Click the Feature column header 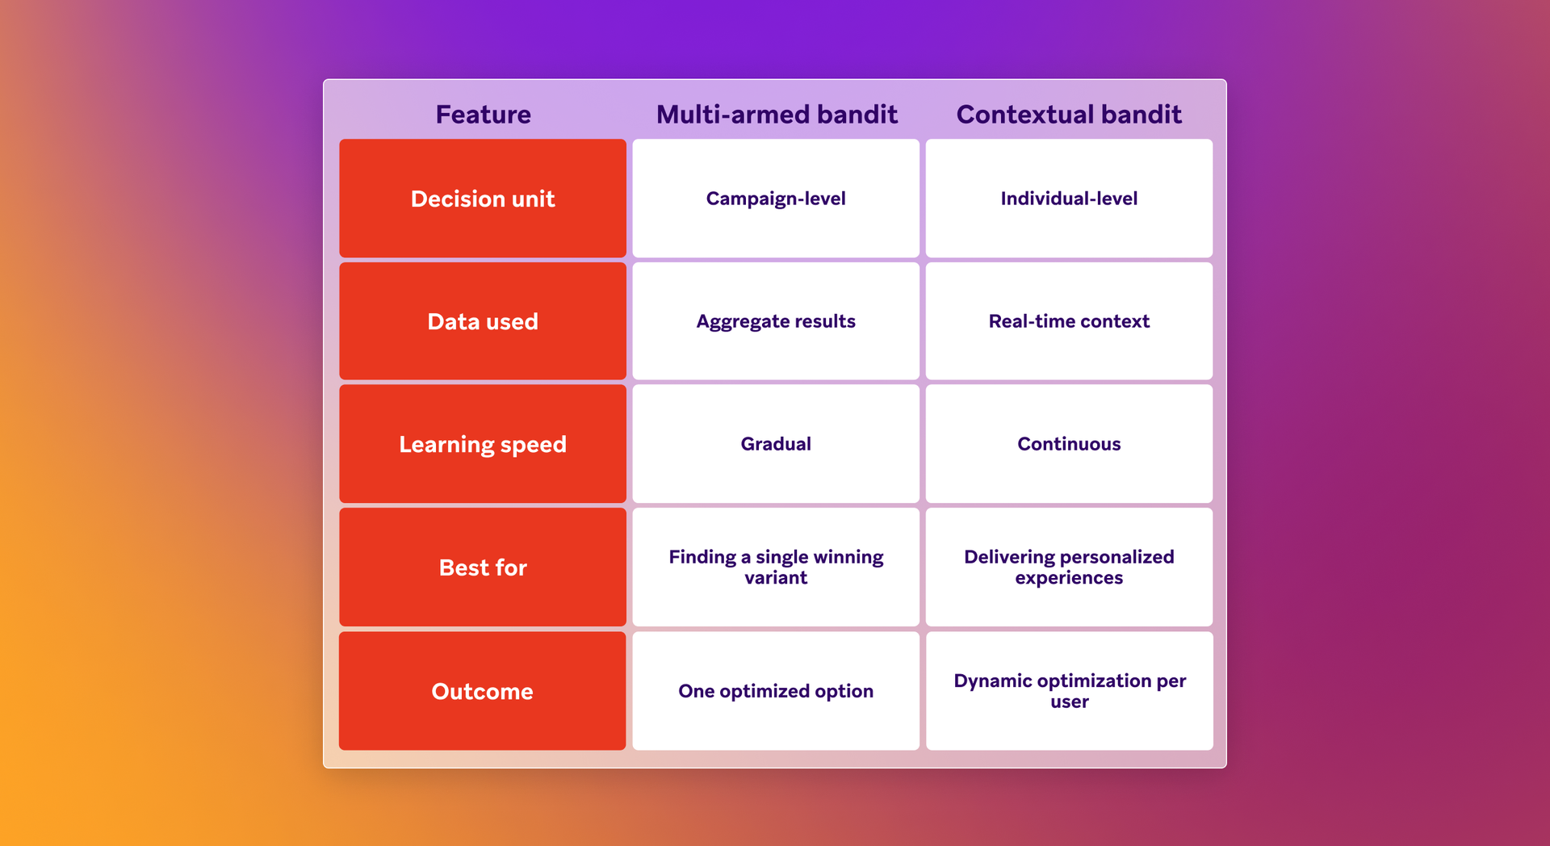[483, 115]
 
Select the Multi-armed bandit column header [776, 115]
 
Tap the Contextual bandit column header [1068, 115]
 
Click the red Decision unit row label [483, 199]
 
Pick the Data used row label [483, 321]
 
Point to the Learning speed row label [483, 444]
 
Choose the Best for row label [483, 567]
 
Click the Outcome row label [483, 691]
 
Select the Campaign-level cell [776, 199]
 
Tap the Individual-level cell [1069, 199]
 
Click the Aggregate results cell [776, 321]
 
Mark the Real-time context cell [1069, 321]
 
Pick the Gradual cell [776, 444]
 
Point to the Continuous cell [1069, 444]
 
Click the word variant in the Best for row [776, 578]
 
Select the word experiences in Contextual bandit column [1069, 578]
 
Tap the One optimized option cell [776, 691]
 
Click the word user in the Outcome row [1069, 702]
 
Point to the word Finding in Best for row [702, 557]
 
